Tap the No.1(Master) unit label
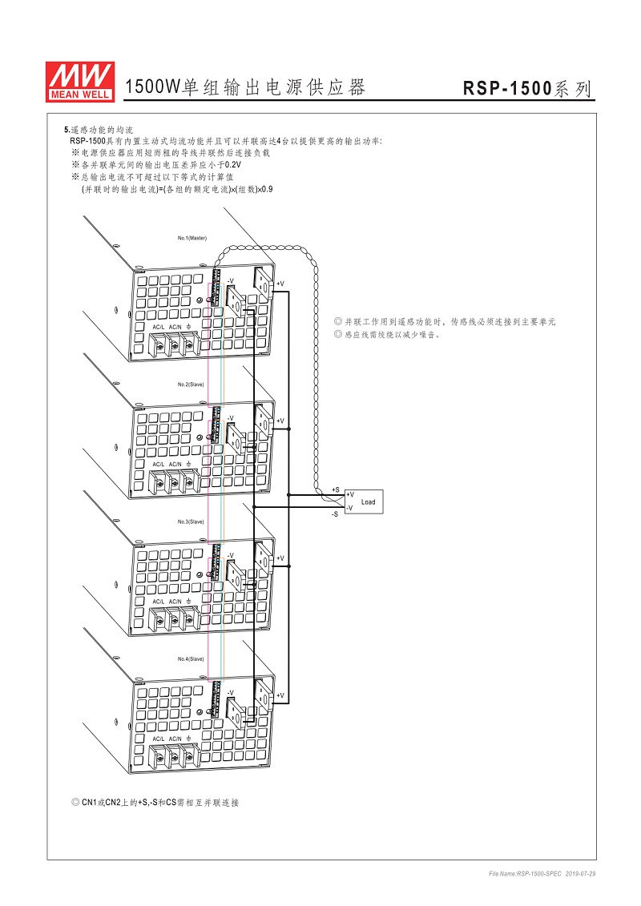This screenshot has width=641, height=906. point(192,238)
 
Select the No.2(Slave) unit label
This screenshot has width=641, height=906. point(191,385)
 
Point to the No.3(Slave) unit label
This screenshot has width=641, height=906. point(191,521)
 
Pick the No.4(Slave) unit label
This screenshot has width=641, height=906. point(191,658)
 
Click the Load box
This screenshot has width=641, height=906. point(368,502)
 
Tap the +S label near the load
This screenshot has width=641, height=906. point(335,489)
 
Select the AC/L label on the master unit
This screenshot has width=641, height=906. point(159,327)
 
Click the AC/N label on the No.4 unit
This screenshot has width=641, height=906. point(175,739)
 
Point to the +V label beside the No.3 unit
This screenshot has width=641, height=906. point(280,558)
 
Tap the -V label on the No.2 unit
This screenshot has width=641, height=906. point(230,418)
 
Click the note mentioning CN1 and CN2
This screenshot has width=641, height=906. point(156,802)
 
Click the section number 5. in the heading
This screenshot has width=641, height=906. point(67,129)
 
